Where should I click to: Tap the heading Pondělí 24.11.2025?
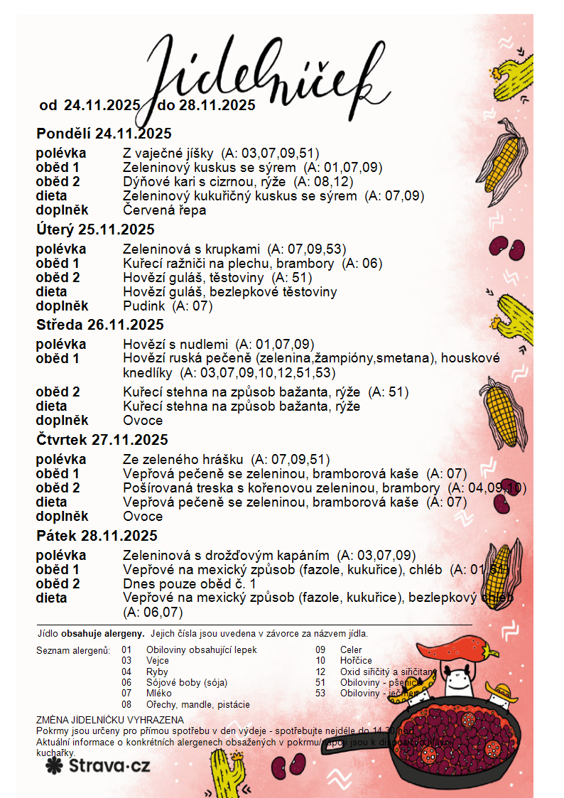tap(104, 134)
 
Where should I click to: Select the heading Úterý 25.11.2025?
tap(95, 230)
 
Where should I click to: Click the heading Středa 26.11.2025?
tap(100, 325)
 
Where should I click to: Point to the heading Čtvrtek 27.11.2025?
tap(102, 440)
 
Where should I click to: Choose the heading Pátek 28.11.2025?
tap(97, 536)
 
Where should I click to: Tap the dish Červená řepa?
tap(164, 210)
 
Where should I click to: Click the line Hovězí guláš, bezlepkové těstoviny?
tap(229, 292)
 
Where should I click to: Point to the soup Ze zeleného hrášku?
tap(183, 460)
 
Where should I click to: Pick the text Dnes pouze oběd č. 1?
tap(189, 584)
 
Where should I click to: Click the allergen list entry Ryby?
tap(157, 672)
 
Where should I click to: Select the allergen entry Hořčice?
tap(356, 661)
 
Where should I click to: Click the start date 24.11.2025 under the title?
tap(102, 106)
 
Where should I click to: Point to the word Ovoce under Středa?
tap(143, 421)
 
